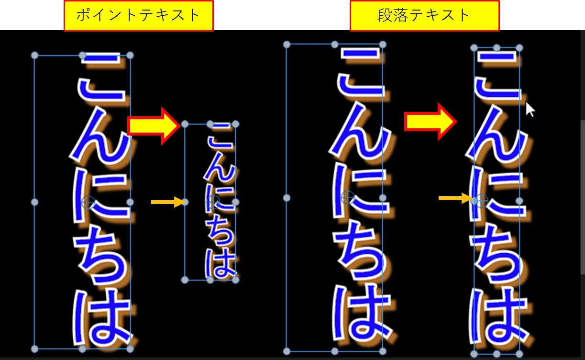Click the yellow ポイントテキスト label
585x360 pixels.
(x=138, y=16)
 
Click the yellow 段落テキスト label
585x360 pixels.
(x=424, y=16)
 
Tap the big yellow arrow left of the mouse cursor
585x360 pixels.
(x=430, y=122)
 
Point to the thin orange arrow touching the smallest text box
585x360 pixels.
(x=167, y=202)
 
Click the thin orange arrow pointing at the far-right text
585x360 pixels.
(x=455, y=198)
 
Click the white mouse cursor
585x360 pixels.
(x=530, y=109)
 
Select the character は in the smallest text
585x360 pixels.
(x=221, y=264)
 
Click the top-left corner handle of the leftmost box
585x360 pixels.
(x=34, y=55)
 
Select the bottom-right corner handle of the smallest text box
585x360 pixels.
(x=235, y=280)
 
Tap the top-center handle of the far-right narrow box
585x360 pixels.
(x=497, y=48)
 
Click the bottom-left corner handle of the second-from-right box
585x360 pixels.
(x=287, y=351)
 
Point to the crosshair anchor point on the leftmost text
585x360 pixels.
(x=88, y=202)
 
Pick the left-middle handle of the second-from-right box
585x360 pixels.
(x=287, y=198)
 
